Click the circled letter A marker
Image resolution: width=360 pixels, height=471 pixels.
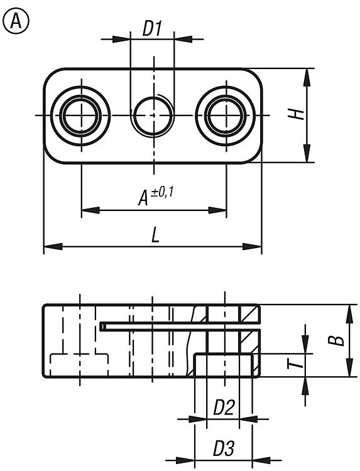pos(16,21)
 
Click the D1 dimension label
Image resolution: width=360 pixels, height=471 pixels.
pos(152,29)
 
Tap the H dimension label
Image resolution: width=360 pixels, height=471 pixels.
pos(298,114)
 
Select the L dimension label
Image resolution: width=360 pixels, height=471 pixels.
pos(155,235)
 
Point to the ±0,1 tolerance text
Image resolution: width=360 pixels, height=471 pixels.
pos(162,192)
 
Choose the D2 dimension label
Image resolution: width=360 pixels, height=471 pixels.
pos(223,408)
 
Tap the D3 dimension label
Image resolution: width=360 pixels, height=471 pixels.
pos(223,448)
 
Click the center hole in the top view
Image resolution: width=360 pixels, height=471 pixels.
pos(153,116)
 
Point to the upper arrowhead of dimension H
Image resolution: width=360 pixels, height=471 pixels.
pos(307,78)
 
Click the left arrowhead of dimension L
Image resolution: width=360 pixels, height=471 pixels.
pos(53,247)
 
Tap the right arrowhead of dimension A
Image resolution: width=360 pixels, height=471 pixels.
pos(217,210)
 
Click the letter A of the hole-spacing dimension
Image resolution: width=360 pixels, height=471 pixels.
pos(143,198)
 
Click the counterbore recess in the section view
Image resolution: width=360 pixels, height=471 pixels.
pos(223,365)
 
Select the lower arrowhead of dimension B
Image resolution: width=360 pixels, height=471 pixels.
pos(349,367)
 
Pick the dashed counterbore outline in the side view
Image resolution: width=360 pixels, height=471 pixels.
pos(79,354)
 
